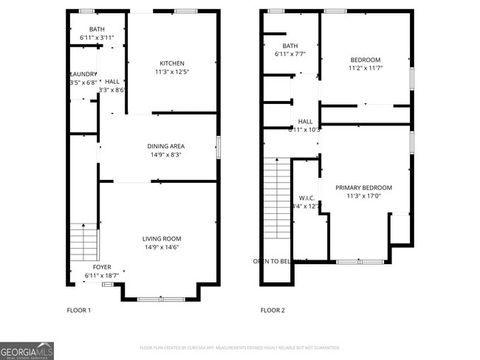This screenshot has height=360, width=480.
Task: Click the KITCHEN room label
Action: point(172,63)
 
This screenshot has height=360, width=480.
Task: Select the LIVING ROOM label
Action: point(162,238)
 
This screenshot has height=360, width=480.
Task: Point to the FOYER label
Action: point(102,266)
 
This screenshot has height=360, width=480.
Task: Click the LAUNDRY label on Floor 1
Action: point(83,74)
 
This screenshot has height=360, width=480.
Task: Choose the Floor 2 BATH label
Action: point(279,46)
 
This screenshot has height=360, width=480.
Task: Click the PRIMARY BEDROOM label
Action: point(363,187)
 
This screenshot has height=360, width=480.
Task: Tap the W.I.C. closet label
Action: point(307,198)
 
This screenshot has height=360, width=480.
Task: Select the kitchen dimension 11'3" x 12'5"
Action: point(172,72)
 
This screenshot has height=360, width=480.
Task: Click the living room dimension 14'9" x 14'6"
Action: point(162,247)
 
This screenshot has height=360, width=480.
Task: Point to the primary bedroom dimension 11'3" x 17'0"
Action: point(363,196)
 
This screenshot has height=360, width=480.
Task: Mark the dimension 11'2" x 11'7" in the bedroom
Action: point(365,69)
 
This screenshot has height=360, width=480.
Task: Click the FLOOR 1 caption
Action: point(78,311)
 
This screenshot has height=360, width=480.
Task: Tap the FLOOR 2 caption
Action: point(272,311)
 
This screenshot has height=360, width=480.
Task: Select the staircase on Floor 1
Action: point(83,242)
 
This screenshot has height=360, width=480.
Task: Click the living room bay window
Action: point(161,298)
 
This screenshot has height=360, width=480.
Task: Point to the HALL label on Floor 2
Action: point(305,121)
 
